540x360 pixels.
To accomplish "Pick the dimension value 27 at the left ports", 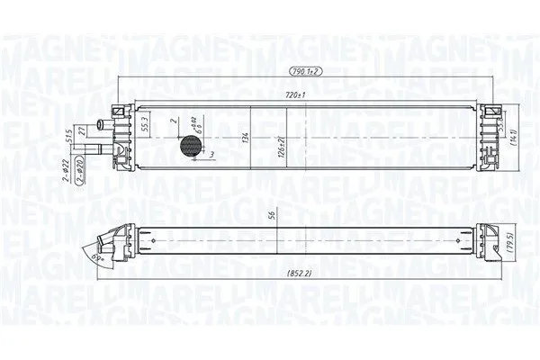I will [x=82, y=131].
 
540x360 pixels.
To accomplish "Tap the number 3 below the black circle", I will [x=211, y=156].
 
